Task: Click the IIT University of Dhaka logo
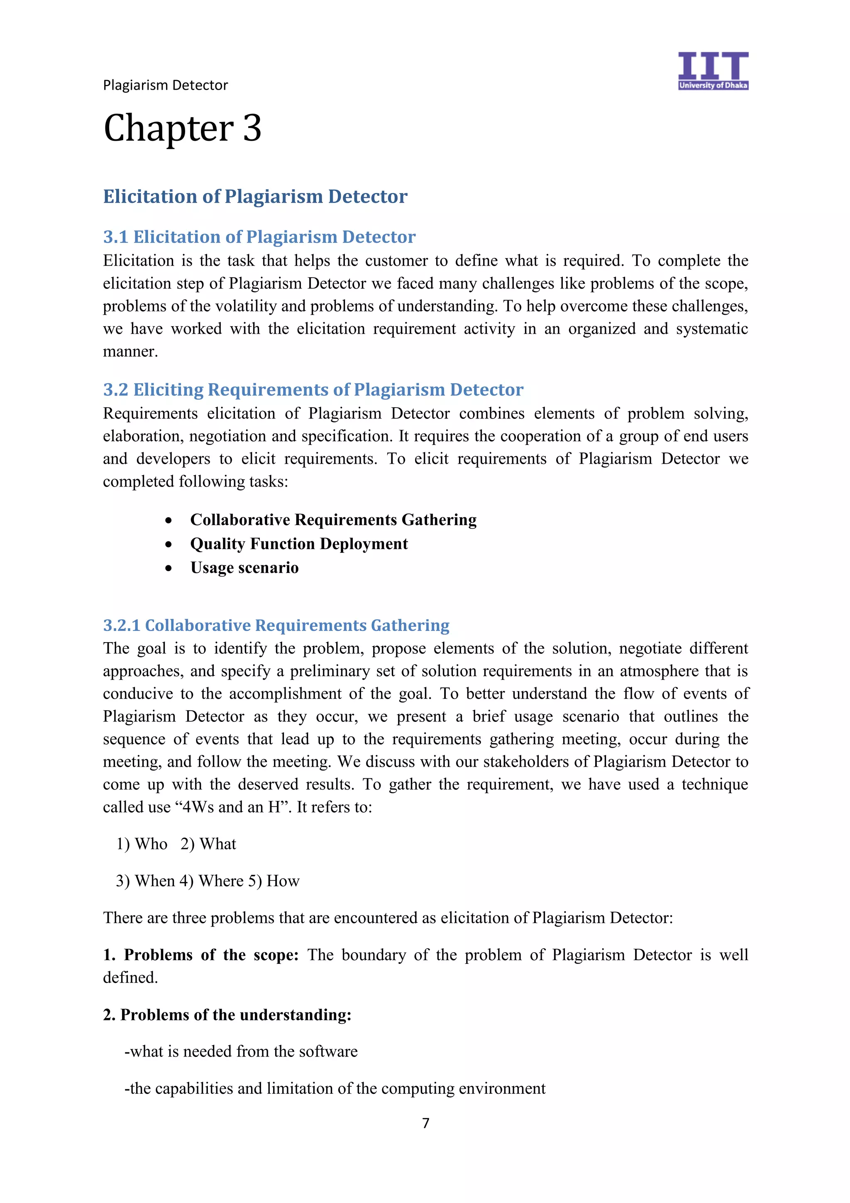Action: [x=712, y=70]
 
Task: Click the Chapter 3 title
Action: [x=182, y=128]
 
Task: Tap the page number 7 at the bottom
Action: [x=425, y=1123]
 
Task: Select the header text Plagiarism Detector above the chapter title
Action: [x=166, y=85]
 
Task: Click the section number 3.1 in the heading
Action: [x=115, y=237]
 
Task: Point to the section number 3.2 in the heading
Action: [x=115, y=390]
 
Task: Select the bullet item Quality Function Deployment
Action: [x=298, y=544]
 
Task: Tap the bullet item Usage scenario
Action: [x=244, y=568]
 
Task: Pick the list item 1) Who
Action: [x=142, y=844]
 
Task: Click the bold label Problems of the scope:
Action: [x=200, y=955]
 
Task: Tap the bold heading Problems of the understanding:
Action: [x=227, y=1015]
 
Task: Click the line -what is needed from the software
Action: [x=241, y=1051]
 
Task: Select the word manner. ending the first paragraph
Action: [x=130, y=352]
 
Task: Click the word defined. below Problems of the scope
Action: [x=130, y=978]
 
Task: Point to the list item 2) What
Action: [x=208, y=844]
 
